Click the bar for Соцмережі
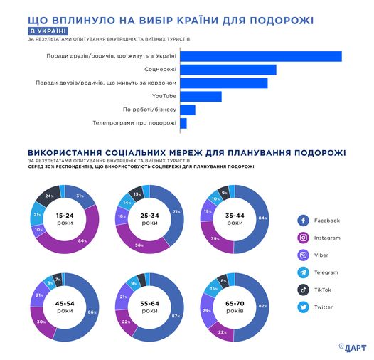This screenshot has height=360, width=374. pyautogui.click(x=228, y=70)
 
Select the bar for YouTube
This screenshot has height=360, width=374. pyautogui.click(x=201, y=97)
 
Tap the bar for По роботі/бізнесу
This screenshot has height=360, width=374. pyautogui.click(x=188, y=110)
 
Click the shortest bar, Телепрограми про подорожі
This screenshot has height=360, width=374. pyautogui.click(x=183, y=124)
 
